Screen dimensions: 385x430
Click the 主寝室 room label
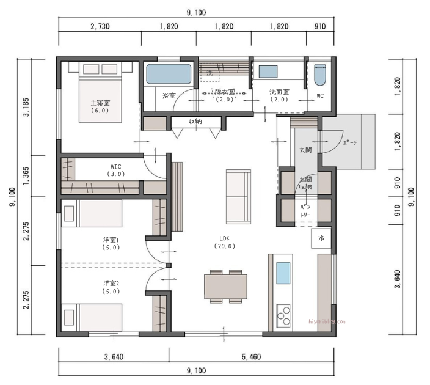pyautogui.click(x=100, y=106)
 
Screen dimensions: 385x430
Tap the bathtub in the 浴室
pyautogui.click(x=169, y=75)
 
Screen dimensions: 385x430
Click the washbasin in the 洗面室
pyautogui.click(x=269, y=71)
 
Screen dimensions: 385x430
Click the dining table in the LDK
pyautogui.click(x=225, y=286)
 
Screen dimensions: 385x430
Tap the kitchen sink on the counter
pyautogui.click(x=283, y=273)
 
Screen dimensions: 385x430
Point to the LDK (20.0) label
pyautogui.click(x=225, y=242)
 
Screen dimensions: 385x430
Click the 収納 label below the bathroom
pyautogui.click(x=195, y=122)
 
